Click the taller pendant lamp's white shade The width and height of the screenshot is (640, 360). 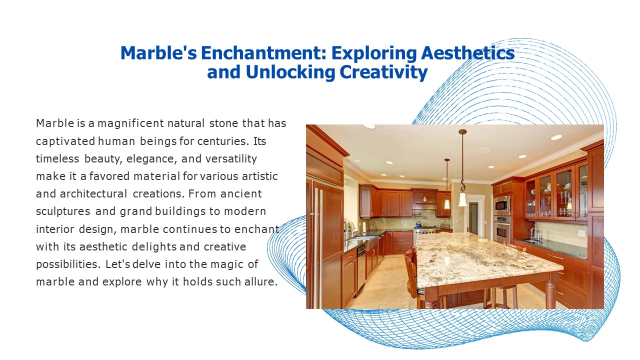pyautogui.click(x=462, y=199)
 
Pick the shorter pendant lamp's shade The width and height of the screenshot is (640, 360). pyautogui.click(x=447, y=203)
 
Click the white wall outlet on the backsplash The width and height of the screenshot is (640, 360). pyautogui.click(x=581, y=233)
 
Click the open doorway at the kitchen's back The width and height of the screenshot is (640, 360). pyautogui.click(x=473, y=218)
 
